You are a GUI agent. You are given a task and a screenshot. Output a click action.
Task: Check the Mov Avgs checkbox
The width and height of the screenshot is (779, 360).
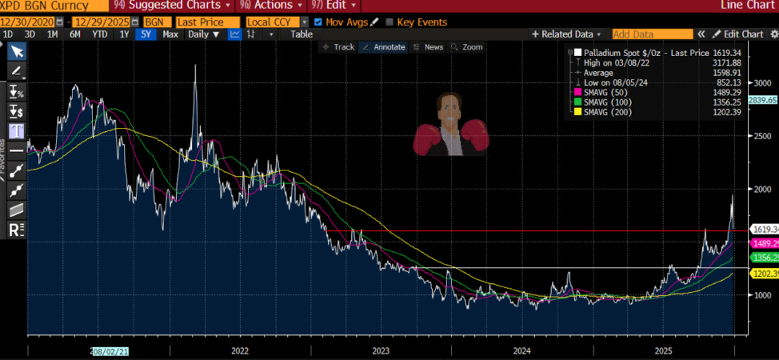pos(319,22)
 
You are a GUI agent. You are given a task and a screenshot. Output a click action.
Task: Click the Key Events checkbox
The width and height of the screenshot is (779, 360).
pos(389,22)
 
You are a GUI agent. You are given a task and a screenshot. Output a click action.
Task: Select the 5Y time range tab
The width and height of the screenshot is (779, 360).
pos(145,34)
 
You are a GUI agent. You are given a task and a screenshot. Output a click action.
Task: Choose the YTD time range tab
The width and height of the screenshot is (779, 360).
pos(99,34)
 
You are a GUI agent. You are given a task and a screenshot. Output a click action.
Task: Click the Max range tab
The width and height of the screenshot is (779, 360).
pos(170,34)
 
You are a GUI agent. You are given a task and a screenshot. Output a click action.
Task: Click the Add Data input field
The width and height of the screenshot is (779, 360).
pos(652,34)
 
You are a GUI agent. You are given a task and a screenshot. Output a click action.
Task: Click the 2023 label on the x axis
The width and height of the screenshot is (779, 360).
pos(381,350)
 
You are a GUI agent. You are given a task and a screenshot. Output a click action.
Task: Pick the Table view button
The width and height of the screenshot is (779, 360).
pos(302,34)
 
